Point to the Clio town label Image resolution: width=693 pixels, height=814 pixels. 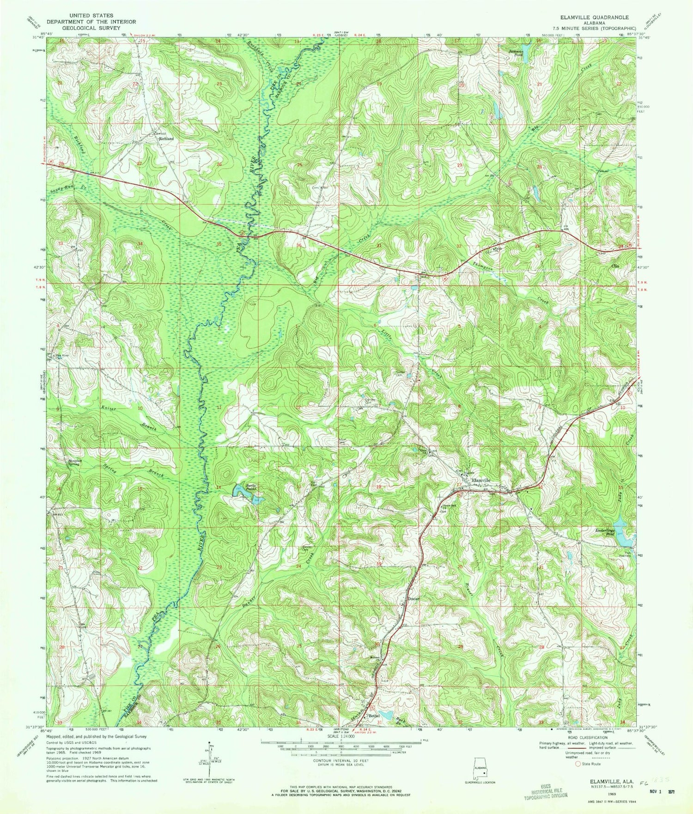[615, 266]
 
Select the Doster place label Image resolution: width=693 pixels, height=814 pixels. [413, 599]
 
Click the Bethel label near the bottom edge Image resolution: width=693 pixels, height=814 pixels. [373, 716]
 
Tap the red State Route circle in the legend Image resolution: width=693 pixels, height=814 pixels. [577, 764]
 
